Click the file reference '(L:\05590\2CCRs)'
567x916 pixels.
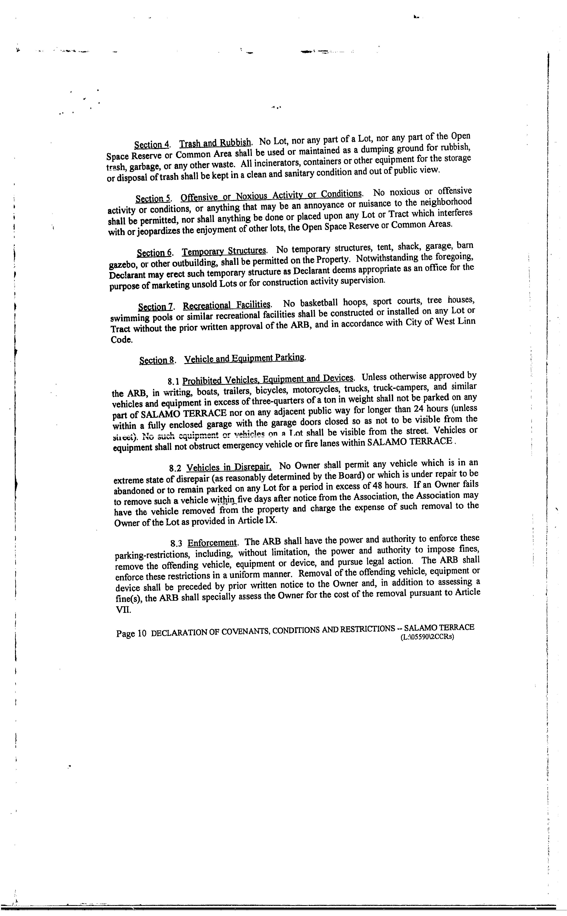pos(427,636)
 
